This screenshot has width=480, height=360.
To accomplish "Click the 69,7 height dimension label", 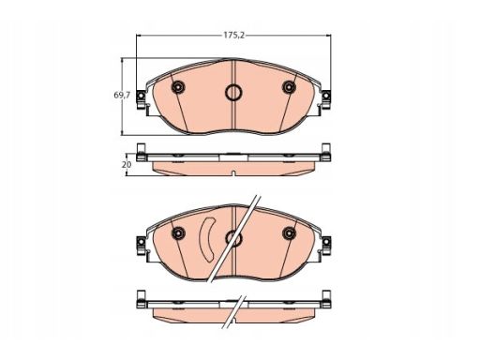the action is tap(122, 95).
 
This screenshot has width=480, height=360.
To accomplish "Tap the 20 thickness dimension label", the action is tap(127, 164).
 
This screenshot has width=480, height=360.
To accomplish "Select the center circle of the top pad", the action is tap(233, 93).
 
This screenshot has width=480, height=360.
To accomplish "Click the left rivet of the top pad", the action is tap(178, 87).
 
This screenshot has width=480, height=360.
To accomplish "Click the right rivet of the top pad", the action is tap(289, 87).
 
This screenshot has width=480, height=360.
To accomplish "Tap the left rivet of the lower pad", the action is tap(178, 232).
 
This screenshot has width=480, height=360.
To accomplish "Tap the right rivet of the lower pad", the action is tap(289, 232).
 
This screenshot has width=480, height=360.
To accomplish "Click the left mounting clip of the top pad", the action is tap(141, 99).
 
